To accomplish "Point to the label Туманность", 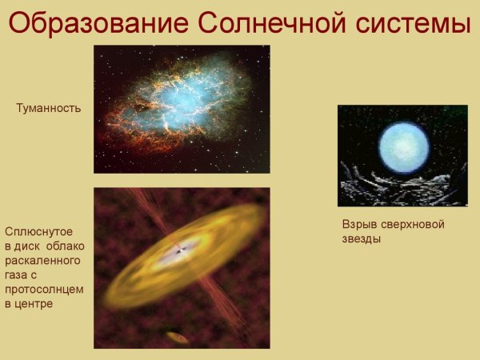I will [49, 107].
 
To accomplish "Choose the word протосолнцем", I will [44, 290].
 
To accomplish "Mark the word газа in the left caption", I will [18, 275].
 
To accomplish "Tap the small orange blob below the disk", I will [178, 338].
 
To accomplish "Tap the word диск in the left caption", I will [30, 246].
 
